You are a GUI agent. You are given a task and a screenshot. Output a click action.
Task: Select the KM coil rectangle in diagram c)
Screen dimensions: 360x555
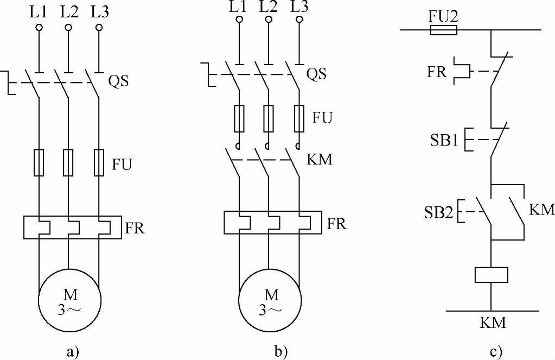click(491, 275)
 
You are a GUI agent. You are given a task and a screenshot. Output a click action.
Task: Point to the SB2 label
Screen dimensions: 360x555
click(438, 211)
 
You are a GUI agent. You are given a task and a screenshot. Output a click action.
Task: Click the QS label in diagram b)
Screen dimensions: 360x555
click(317, 73)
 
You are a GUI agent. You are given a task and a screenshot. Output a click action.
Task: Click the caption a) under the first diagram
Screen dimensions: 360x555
click(72, 351)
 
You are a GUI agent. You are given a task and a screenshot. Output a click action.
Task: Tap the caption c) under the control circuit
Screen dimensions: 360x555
click(495, 351)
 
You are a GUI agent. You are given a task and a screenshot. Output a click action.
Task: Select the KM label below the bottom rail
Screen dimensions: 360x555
click(493, 323)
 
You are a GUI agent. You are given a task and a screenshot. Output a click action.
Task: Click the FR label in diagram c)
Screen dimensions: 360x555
click(437, 72)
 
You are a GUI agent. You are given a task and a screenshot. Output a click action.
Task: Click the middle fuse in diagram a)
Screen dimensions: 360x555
click(68, 162)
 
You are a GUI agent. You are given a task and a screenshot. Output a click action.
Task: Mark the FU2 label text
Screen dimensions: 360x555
click(443, 16)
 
